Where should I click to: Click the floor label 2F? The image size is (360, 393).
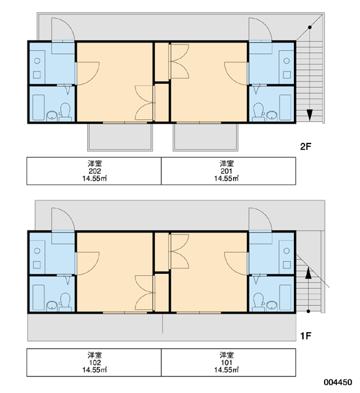[x=306, y=146]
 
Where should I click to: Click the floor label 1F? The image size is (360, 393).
[x=306, y=336]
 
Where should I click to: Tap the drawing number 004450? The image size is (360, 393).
[x=338, y=383]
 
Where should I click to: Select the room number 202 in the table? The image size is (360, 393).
[x=95, y=171]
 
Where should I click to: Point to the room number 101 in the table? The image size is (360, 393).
[x=226, y=362]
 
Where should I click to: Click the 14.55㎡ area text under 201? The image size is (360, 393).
[x=226, y=178]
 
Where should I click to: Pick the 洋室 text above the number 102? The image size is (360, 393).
[x=95, y=355]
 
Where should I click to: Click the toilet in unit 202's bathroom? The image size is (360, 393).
[x=65, y=112]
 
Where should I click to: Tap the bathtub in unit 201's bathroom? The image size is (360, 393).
[x=285, y=107]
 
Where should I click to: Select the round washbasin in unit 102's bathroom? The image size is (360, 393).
[x=52, y=306]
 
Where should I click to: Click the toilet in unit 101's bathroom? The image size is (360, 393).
[x=259, y=302]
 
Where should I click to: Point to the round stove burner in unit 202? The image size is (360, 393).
[x=37, y=61]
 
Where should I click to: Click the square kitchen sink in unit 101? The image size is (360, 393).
[x=287, y=265]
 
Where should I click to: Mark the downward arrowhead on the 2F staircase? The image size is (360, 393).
[x=310, y=115]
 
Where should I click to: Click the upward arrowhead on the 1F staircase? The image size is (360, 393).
[x=308, y=273]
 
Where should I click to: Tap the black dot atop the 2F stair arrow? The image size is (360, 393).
[x=310, y=27]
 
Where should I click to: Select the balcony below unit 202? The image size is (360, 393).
[x=120, y=137]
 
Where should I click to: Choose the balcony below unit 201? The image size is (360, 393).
[x=206, y=137]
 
